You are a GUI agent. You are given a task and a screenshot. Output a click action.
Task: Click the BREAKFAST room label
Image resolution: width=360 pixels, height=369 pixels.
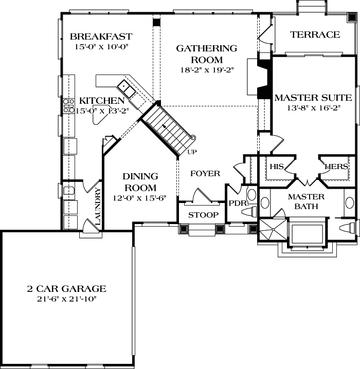[x=101, y=36]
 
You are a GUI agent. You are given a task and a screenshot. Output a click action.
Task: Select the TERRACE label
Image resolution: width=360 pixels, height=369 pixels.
[x=315, y=34]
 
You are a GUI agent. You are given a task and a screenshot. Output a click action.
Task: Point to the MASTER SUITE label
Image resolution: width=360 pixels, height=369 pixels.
[x=313, y=97]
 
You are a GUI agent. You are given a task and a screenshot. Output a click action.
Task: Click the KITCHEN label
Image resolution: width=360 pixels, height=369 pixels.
[x=101, y=101]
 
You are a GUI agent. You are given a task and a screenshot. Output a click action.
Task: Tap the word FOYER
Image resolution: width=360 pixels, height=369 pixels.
[x=205, y=174]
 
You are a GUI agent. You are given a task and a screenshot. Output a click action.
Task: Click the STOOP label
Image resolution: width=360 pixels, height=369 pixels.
[x=203, y=215]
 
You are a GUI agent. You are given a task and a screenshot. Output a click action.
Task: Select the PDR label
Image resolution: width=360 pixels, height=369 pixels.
[x=238, y=203]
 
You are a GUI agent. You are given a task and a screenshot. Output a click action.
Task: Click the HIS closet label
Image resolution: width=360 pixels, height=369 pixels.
[x=276, y=167]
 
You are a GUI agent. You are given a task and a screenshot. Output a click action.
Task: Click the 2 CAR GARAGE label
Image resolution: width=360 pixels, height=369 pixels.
[x=66, y=289]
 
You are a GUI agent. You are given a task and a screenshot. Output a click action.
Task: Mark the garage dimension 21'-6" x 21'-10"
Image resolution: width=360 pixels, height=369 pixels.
[x=66, y=299]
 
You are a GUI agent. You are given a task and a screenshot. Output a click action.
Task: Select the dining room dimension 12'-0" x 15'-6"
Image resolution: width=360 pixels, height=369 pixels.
[x=139, y=198]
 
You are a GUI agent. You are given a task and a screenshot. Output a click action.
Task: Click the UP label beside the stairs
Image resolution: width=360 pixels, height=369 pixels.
[x=192, y=152]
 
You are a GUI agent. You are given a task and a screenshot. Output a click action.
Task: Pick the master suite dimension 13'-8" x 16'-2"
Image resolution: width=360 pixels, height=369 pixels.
[x=313, y=108]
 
